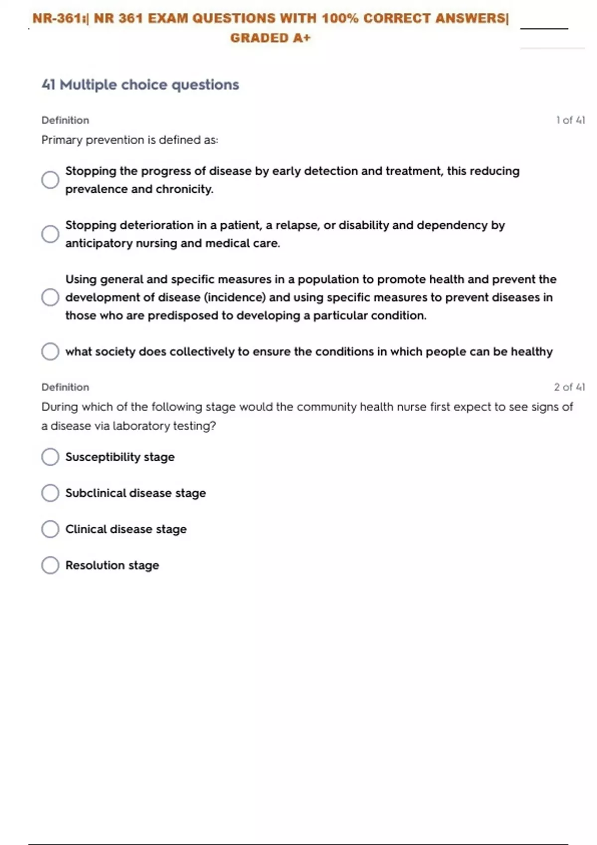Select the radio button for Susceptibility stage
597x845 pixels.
click(x=50, y=457)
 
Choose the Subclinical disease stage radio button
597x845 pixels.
click(x=50, y=493)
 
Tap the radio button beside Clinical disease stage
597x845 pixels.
click(x=50, y=529)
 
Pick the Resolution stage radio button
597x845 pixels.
click(x=50, y=565)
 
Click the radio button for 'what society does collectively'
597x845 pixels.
click(x=50, y=351)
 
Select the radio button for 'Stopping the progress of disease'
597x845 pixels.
click(x=50, y=180)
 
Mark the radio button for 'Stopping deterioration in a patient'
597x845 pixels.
click(x=50, y=234)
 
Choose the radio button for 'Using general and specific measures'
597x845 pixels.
click(x=50, y=297)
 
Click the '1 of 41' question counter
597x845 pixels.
click(x=570, y=120)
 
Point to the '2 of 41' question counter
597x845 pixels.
click(x=569, y=387)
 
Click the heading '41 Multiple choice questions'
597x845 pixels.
click(x=140, y=85)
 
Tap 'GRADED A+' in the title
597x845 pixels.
click(x=270, y=38)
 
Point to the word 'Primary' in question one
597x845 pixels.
click(x=62, y=140)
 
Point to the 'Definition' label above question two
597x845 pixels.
click(x=65, y=387)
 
